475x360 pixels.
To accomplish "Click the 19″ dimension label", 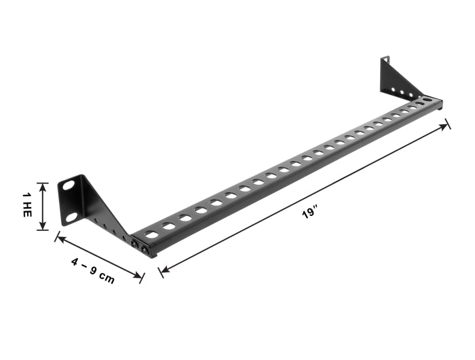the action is click(310, 212).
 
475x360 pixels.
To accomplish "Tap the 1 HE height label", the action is click(27, 204).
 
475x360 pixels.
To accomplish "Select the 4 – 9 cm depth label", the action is click(93, 271).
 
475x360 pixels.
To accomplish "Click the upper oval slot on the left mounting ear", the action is click(69, 185).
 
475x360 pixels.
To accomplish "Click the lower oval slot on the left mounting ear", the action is click(71, 217).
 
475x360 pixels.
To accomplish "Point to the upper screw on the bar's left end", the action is click(134, 243).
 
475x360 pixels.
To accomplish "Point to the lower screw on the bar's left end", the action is click(145, 250).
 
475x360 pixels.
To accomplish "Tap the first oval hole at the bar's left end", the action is click(151, 234).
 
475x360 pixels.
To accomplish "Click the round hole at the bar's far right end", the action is click(427, 99).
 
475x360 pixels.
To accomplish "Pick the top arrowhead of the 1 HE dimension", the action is click(43, 186).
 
